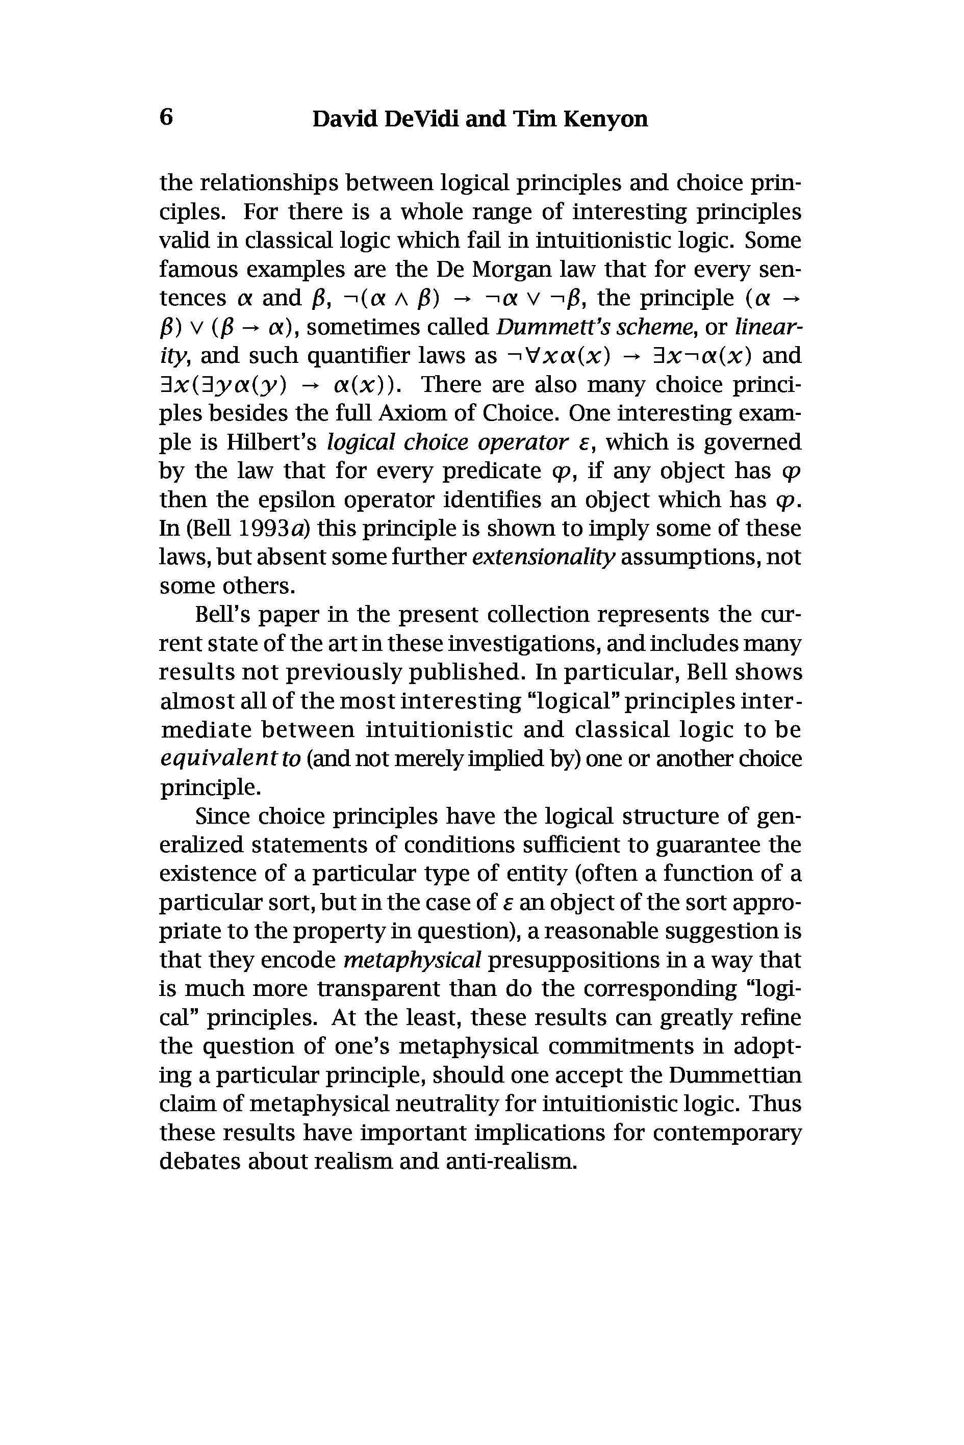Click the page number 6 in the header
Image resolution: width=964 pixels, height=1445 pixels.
point(166,117)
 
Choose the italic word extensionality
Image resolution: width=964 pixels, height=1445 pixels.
point(544,557)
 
